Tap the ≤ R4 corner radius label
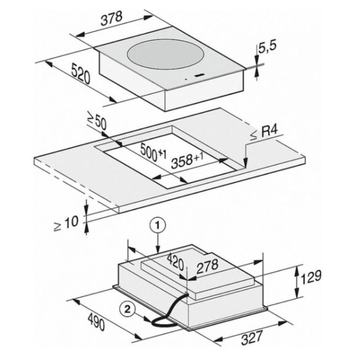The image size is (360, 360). pyautogui.click(x=265, y=133)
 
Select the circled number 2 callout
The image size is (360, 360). pyautogui.click(x=128, y=310)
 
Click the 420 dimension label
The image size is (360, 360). pyautogui.click(x=172, y=259)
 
